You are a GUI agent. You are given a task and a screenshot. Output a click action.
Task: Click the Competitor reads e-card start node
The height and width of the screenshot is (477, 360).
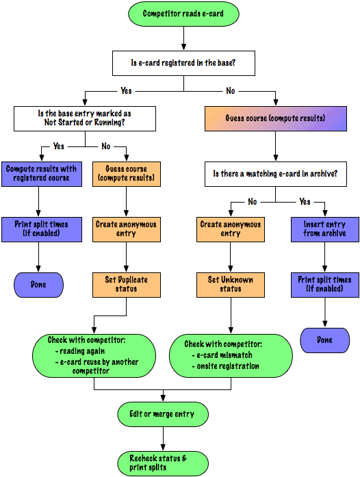point(183,14)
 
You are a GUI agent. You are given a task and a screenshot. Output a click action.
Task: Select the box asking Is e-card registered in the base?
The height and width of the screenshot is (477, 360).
point(183,63)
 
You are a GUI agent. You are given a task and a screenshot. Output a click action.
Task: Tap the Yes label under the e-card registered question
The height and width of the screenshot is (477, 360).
point(126,90)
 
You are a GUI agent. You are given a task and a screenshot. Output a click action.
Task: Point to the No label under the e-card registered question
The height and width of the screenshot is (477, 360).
point(231,90)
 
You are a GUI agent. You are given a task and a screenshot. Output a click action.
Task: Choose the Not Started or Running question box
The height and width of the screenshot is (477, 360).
point(85,118)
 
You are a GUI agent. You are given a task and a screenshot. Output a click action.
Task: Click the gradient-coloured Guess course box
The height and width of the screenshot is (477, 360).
point(275,118)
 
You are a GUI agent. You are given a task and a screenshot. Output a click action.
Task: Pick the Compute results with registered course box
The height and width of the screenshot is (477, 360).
point(42,174)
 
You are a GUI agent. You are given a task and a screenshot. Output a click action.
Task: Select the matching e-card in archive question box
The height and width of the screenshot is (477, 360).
point(275,174)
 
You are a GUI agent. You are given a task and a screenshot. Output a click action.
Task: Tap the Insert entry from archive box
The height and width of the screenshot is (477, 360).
point(324,229)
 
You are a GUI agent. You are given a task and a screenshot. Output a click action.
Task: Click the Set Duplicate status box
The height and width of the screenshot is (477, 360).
point(127,285)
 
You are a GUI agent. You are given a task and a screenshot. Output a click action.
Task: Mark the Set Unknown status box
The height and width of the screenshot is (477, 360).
point(231,285)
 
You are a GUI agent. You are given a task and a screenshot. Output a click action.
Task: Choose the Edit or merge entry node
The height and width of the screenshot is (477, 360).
point(163,414)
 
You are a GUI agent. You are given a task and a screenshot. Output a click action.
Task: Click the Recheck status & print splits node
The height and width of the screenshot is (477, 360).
point(163,463)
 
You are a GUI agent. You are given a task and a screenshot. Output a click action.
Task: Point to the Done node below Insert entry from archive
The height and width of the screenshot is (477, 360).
point(324,340)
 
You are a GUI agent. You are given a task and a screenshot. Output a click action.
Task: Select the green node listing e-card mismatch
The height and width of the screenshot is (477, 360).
point(231,356)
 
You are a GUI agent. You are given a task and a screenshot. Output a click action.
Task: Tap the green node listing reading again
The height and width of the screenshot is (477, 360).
point(94,356)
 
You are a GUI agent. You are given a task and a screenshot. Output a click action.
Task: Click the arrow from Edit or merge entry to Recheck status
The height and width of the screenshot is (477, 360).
point(163,439)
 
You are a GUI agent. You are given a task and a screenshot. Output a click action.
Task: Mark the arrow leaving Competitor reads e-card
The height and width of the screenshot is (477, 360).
point(183,38)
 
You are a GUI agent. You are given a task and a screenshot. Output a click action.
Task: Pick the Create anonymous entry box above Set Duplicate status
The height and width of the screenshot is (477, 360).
point(127,229)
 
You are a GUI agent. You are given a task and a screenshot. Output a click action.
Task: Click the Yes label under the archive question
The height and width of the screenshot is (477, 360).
point(305,201)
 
